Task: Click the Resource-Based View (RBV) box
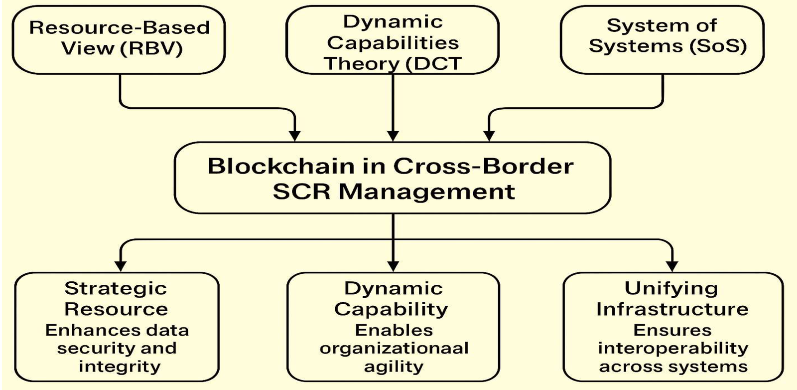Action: (119, 39)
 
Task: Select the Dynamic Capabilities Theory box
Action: (393, 42)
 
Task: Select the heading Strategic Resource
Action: (116, 298)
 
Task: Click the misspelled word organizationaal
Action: (394, 348)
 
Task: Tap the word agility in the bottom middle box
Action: (394, 367)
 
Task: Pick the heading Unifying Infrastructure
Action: (672, 298)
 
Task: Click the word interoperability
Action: (673, 348)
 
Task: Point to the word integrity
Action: (120, 367)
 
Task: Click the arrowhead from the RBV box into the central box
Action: (295, 136)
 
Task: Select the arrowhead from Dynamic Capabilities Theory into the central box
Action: (393, 136)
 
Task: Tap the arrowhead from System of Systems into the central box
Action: (489, 136)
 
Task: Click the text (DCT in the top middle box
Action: (433, 64)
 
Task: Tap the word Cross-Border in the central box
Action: (483, 166)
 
